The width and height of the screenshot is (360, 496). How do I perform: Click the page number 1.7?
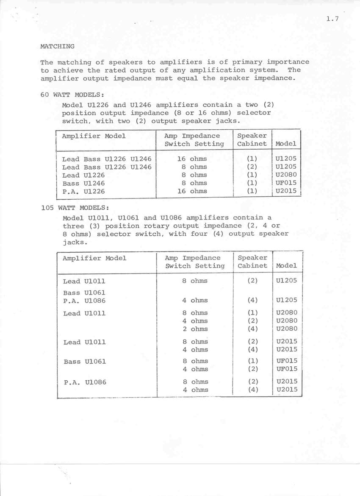point(332,19)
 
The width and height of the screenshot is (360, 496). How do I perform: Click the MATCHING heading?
point(57,46)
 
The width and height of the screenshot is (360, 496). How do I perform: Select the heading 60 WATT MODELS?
point(72,95)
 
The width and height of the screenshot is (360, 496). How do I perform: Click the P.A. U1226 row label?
point(83,191)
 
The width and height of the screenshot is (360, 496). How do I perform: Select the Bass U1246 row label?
point(83,183)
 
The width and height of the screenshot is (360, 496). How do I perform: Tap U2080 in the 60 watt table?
point(286,175)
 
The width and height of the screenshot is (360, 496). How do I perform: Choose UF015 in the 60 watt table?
point(286,183)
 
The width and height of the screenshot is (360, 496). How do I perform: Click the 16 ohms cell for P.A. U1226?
point(192,191)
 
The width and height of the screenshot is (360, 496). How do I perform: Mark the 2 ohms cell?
point(195,329)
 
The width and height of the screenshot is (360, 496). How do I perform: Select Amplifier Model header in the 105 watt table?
point(94,258)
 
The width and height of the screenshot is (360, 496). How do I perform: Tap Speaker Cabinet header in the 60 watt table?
point(252,140)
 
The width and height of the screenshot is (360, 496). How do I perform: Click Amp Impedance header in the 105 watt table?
point(193,258)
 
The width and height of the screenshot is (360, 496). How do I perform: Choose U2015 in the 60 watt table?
point(286,191)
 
